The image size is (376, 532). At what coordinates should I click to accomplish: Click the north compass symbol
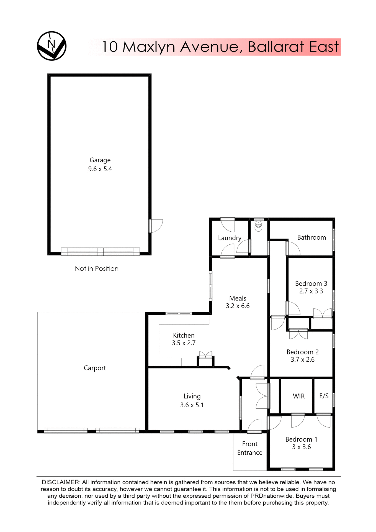pyautogui.click(x=51, y=46)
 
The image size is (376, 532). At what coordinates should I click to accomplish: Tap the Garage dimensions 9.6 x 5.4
pyautogui.click(x=100, y=169)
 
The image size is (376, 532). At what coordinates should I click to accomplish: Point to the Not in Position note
pyautogui.click(x=97, y=268)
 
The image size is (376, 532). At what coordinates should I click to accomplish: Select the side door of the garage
pyautogui.click(x=155, y=226)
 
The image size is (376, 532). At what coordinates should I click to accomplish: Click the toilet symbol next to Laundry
pyautogui.click(x=258, y=227)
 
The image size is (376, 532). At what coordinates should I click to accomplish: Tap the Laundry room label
pyautogui.click(x=230, y=238)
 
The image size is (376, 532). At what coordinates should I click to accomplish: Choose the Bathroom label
pyautogui.click(x=311, y=237)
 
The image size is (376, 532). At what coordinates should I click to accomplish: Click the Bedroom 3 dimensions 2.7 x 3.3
pyautogui.click(x=311, y=291)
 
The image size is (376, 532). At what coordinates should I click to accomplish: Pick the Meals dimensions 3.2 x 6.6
pyautogui.click(x=238, y=306)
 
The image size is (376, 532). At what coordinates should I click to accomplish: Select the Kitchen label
pyautogui.click(x=184, y=335)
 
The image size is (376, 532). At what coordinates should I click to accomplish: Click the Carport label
pyautogui.click(x=95, y=368)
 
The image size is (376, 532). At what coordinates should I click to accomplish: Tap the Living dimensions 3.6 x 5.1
pyautogui.click(x=192, y=405)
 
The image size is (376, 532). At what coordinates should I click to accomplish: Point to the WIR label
pyautogui.click(x=299, y=396)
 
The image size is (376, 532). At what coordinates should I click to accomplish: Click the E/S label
pyautogui.click(x=324, y=396)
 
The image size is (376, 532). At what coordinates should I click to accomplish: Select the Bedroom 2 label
pyautogui.click(x=302, y=352)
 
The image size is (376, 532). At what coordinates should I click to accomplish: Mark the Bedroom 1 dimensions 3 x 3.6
pyautogui.click(x=301, y=447)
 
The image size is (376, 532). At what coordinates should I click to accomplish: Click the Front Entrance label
pyautogui.click(x=250, y=448)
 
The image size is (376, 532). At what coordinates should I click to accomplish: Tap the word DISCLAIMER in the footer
pyautogui.click(x=61, y=482)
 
